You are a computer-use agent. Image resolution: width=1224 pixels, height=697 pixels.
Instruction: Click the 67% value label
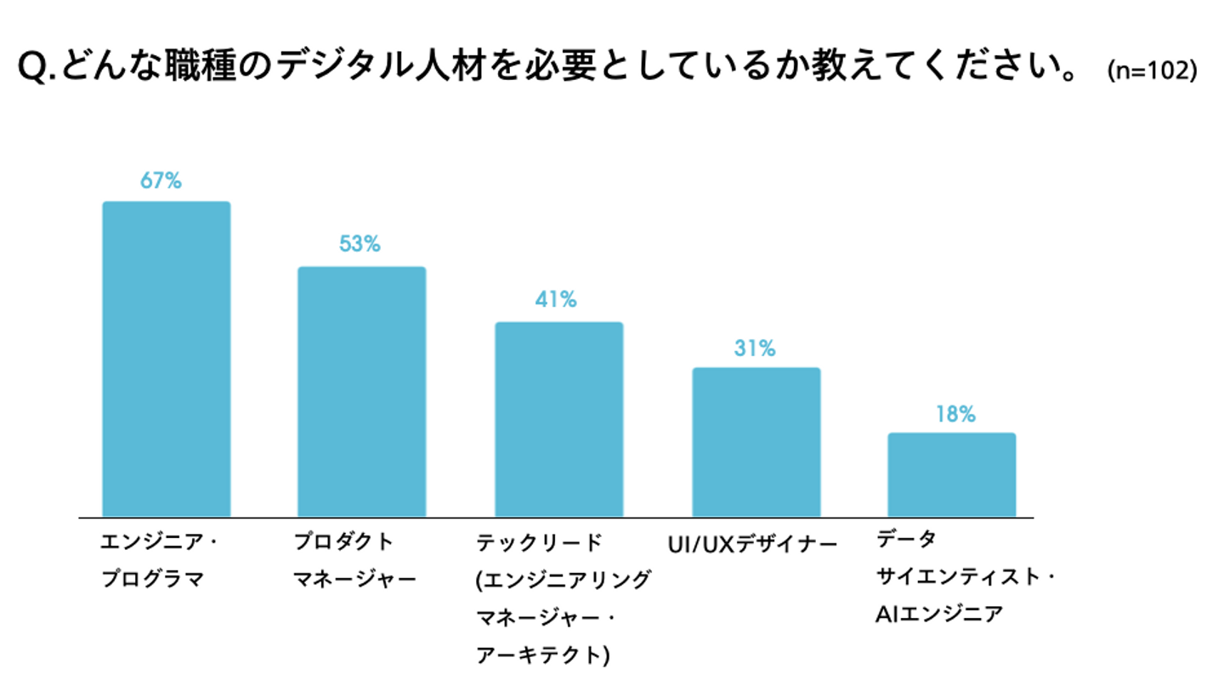(161, 181)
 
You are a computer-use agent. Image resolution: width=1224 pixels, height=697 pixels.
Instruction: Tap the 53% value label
(360, 245)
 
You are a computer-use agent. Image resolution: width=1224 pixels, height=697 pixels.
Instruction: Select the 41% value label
(557, 300)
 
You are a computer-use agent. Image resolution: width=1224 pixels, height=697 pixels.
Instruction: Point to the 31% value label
(755, 348)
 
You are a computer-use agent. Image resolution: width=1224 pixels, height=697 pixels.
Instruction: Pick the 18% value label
(955, 415)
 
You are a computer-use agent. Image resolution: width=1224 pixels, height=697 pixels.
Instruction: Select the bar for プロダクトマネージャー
(361, 391)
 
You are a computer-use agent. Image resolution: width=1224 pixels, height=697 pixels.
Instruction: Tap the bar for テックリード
(559, 419)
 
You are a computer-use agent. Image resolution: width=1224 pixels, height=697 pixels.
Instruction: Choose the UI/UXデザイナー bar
(756, 442)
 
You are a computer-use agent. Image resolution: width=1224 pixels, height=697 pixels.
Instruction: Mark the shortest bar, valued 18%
(952, 474)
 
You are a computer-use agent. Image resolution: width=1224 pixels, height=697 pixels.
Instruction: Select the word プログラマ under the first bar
(153, 581)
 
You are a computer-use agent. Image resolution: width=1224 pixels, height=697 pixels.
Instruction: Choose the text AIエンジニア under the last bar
(939, 614)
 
